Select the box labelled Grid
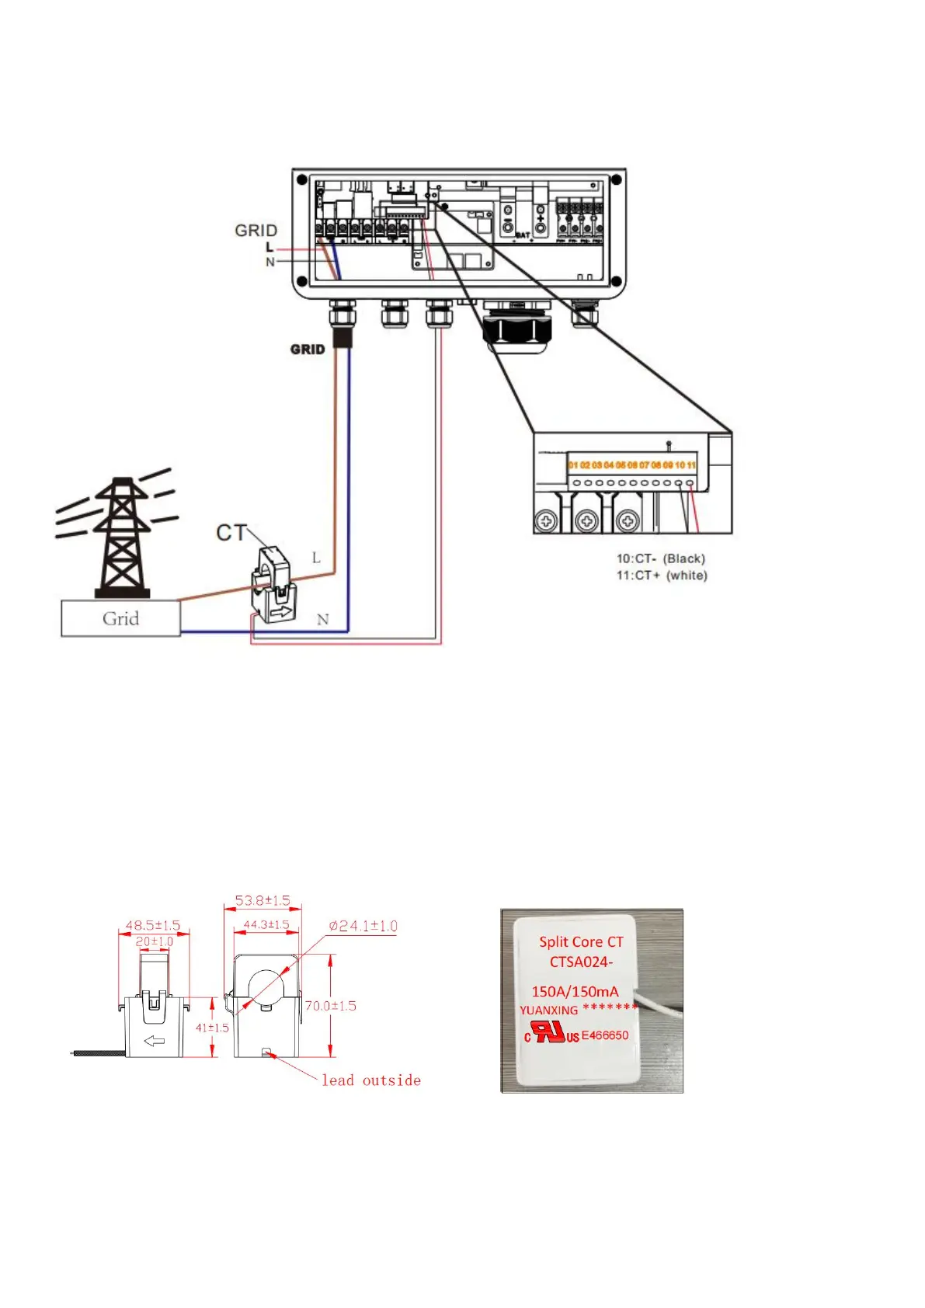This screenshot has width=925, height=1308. pyautogui.click(x=120, y=619)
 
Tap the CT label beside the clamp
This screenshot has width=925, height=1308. pyautogui.click(x=231, y=533)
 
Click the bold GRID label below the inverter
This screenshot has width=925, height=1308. pyautogui.click(x=308, y=350)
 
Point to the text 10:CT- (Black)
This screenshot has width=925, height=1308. pyautogui.click(x=660, y=558)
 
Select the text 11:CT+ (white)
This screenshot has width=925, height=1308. pyautogui.click(x=662, y=576)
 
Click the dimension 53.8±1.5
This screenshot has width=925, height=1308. pyautogui.click(x=262, y=901)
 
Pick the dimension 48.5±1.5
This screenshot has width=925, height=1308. pyautogui.click(x=152, y=926)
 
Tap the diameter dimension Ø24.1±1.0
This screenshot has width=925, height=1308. pyautogui.click(x=363, y=926)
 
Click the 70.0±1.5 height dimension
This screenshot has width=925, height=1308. pyautogui.click(x=330, y=1006)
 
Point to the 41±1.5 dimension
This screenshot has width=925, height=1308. pyautogui.click(x=211, y=1028)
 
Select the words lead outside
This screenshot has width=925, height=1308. pyautogui.click(x=371, y=1080)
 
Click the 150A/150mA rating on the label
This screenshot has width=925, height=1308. pyautogui.click(x=575, y=991)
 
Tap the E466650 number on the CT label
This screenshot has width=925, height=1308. pyautogui.click(x=605, y=1035)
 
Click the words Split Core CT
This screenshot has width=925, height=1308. pyautogui.click(x=581, y=942)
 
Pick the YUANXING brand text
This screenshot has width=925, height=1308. pyautogui.click(x=548, y=1011)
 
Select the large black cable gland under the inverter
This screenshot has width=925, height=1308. pyautogui.click(x=516, y=327)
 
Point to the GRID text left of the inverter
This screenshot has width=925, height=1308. pyautogui.click(x=256, y=231)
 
